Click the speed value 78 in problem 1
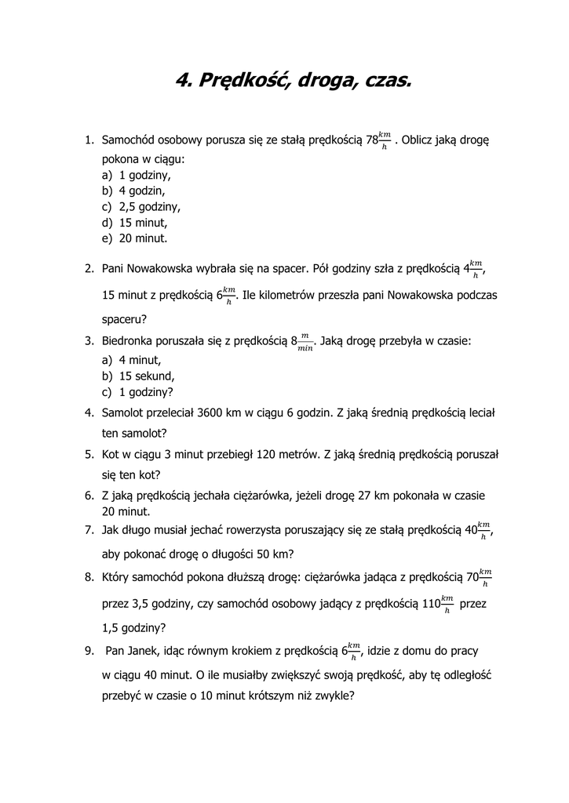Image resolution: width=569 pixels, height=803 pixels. [371, 140]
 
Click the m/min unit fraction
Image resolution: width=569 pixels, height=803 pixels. [305, 342]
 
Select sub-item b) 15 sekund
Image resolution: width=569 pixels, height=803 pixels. [147, 376]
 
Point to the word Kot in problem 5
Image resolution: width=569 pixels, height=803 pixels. [111, 454]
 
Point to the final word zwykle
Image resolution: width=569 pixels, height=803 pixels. [337, 695]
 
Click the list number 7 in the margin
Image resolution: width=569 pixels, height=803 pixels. [89, 531]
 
